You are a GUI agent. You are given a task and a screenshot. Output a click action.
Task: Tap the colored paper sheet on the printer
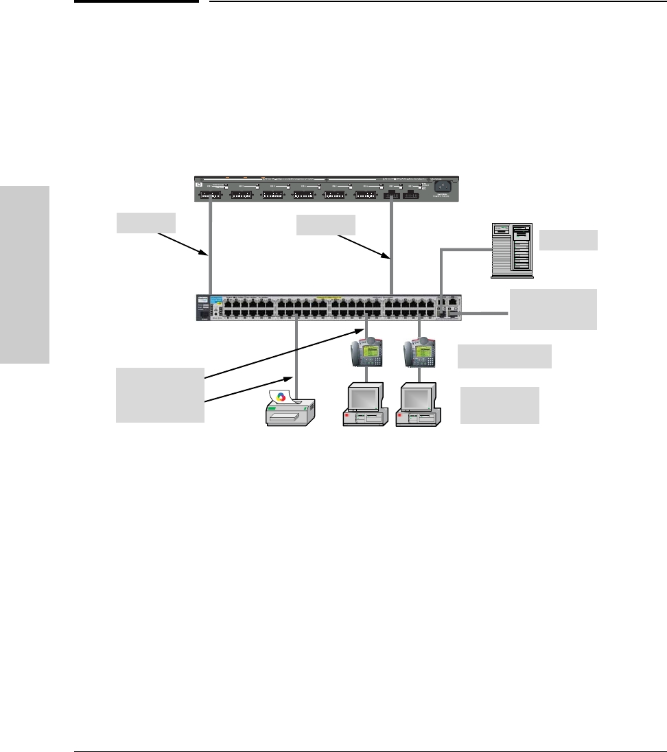pos(281,397)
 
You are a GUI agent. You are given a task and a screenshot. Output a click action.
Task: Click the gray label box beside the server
pos(568,240)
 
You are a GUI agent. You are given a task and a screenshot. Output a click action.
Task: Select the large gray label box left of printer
pos(160,395)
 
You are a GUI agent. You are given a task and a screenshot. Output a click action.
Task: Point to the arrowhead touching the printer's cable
pos(289,377)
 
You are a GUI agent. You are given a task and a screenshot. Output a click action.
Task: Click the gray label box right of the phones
pos(504,356)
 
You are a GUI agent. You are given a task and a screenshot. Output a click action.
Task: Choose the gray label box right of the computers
pos(499,405)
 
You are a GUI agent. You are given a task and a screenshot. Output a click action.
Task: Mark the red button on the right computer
pos(401,416)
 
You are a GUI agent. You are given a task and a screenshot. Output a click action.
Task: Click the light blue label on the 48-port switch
pos(217,300)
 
